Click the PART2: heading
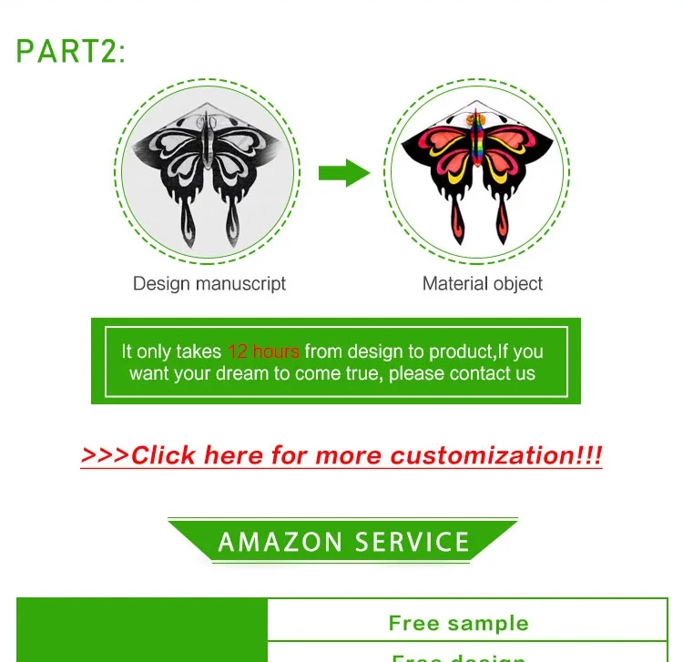[x=71, y=51]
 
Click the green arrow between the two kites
[x=343, y=173]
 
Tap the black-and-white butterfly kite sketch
[x=209, y=173]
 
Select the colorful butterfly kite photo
[x=476, y=173]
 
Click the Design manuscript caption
[x=209, y=283]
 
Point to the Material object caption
[x=483, y=283]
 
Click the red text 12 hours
[x=263, y=351]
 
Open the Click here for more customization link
[x=341, y=455]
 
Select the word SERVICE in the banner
[x=412, y=543]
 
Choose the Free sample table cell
[x=458, y=623]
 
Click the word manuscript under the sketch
[x=241, y=283]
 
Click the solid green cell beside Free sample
[x=142, y=628]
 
